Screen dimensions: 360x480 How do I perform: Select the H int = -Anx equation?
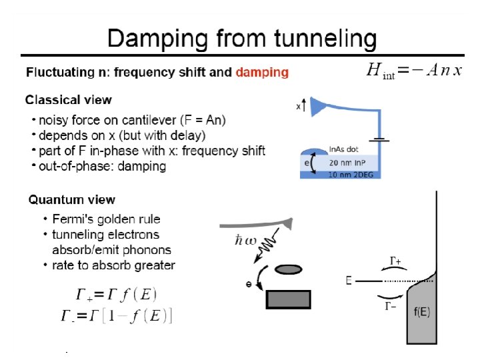[x=413, y=70]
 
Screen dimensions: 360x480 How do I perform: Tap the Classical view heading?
[x=69, y=100]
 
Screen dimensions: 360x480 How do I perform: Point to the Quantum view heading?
[x=71, y=199]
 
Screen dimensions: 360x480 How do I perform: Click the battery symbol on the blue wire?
[x=381, y=141]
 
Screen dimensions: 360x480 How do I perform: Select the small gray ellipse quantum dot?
[x=288, y=270]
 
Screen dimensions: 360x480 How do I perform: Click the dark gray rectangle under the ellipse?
[x=288, y=299]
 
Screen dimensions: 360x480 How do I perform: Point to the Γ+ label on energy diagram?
[x=395, y=261]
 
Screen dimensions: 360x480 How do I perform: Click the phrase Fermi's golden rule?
[x=107, y=219]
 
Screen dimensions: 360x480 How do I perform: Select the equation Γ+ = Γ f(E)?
[x=117, y=294]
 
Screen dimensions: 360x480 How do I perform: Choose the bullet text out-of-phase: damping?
[x=103, y=166]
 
